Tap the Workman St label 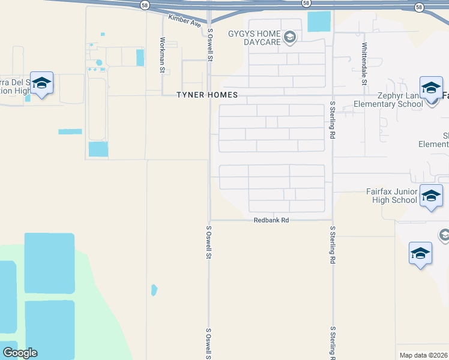tap(162, 55)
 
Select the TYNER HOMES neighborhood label tap(207, 95)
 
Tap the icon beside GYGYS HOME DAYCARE tap(290, 38)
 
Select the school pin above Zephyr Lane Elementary tap(431, 89)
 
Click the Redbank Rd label tap(271, 221)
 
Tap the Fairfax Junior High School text tap(392, 196)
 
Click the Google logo tap(20, 353)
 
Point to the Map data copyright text tap(424, 355)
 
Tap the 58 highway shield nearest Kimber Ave tap(145, 5)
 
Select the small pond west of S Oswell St tap(154, 290)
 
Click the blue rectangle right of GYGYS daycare tap(319, 22)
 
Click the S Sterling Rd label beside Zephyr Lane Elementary tap(332, 120)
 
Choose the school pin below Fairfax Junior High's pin tap(420, 253)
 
